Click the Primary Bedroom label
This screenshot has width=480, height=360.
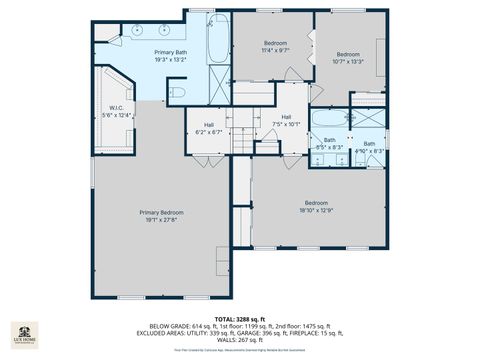(161, 212)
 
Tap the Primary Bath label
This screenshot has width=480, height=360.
(170, 52)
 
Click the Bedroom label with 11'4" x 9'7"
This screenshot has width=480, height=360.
(275, 43)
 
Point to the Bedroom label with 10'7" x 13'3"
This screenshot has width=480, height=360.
(347, 54)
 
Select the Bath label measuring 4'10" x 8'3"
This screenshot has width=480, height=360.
(369, 144)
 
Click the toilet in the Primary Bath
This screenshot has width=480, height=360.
(177, 93)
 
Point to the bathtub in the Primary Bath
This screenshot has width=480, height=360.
(218, 39)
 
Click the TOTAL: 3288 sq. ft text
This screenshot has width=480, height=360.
(240, 317)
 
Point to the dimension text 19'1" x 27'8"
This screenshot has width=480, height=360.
(161, 218)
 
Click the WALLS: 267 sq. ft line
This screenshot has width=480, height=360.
(240, 339)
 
